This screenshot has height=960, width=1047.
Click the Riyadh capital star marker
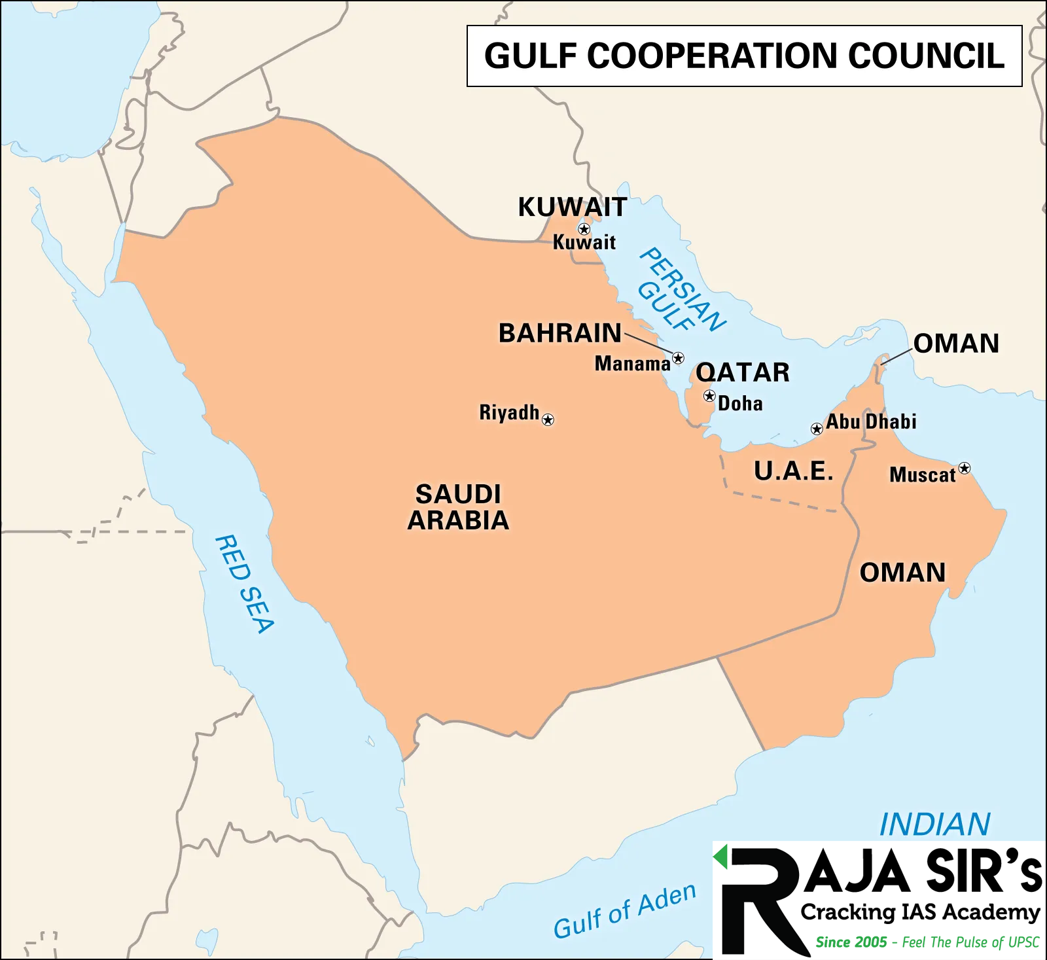click(x=548, y=419)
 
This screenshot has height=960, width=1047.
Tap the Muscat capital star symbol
click(x=965, y=468)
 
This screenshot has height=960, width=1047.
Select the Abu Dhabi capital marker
click(x=817, y=429)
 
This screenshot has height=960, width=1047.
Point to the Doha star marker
click(x=709, y=396)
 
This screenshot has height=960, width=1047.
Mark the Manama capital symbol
click(x=679, y=358)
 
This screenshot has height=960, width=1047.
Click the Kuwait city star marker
click(x=584, y=229)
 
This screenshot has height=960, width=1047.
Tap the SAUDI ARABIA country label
click(x=458, y=507)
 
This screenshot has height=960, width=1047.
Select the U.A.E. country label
click(x=794, y=471)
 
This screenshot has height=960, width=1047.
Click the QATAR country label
click(x=743, y=372)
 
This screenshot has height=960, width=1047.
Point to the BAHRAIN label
click(x=560, y=333)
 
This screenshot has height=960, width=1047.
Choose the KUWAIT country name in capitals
click(x=573, y=207)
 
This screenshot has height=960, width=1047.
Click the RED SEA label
click(x=244, y=584)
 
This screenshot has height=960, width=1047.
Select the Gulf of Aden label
click(x=624, y=910)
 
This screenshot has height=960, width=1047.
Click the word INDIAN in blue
click(x=934, y=825)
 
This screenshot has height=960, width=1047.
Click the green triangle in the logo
click(x=721, y=857)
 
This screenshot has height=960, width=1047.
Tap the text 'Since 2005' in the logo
click(x=851, y=942)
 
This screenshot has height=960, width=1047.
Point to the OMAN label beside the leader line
click(x=956, y=344)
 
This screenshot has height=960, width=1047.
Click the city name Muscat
click(x=923, y=474)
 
